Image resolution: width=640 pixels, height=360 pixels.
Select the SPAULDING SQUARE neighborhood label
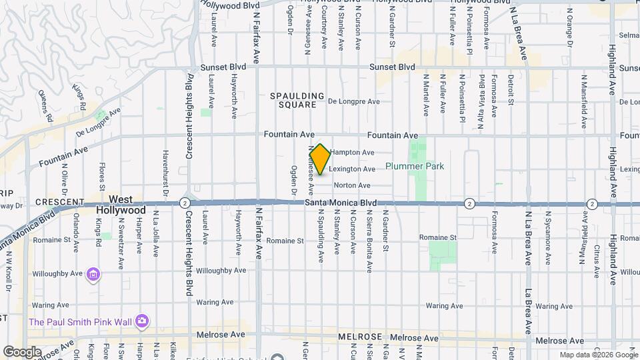point(297,101)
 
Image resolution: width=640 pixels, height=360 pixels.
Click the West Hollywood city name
point(121,205)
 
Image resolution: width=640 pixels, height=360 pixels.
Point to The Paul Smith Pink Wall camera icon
point(141,321)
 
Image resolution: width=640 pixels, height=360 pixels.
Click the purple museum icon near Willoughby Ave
point(93,274)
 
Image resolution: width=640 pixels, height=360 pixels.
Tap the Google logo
point(22,352)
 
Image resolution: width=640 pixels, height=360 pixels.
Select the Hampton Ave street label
point(351,153)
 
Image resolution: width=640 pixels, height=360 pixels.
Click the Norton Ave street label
point(351,185)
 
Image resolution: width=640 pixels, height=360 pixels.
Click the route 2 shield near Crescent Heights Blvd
point(185,203)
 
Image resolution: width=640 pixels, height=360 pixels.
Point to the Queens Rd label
point(45,105)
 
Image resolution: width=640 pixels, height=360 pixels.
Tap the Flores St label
point(102,175)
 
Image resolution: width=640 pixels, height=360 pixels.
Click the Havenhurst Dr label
point(165,165)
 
